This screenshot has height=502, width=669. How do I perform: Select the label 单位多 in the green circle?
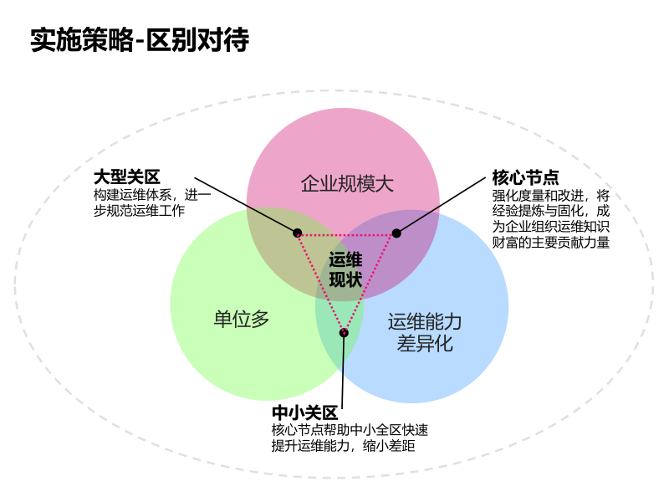[242, 319]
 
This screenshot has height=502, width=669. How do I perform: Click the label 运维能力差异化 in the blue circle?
[425, 332]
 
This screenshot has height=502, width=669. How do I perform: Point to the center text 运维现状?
[345, 269]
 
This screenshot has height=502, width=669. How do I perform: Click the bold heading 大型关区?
[126, 177]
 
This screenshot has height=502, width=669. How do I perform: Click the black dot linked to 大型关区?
[297, 233]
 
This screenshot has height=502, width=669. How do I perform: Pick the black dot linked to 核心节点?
[396, 233]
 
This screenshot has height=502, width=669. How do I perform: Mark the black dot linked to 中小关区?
[344, 333]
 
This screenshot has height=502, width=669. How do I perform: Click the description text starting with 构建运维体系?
[151, 202]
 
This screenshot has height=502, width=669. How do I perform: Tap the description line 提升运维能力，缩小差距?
[344, 446]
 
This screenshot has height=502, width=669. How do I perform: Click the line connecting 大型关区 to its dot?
[246, 205]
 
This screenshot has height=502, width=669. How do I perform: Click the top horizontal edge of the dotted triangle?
[346, 235]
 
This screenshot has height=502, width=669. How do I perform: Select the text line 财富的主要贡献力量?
[550, 243]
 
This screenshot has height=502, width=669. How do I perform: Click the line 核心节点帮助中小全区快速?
[350, 430]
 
